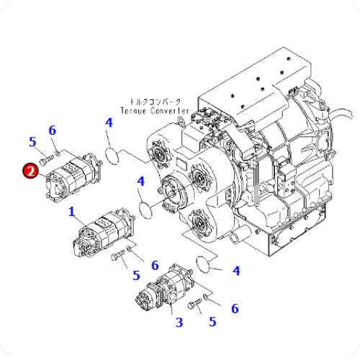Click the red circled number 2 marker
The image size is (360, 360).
pyautogui.click(x=30, y=171)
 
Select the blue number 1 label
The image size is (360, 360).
pyautogui.click(x=71, y=211)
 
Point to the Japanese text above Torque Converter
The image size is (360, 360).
pyautogui.click(x=156, y=102)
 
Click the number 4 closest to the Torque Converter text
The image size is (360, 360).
pyautogui.click(x=109, y=123)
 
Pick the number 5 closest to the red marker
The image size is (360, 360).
pyautogui.click(x=32, y=141)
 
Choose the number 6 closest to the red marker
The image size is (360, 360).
pyautogui.click(x=52, y=130)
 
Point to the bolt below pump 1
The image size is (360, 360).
pyautogui.click(x=117, y=257)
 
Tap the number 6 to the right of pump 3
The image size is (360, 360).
pyautogui.click(x=235, y=308)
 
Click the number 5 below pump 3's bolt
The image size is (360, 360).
pyautogui.click(x=212, y=322)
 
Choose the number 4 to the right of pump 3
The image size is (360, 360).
pyautogui.click(x=235, y=271)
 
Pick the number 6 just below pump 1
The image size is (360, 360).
pyautogui.click(x=154, y=265)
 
